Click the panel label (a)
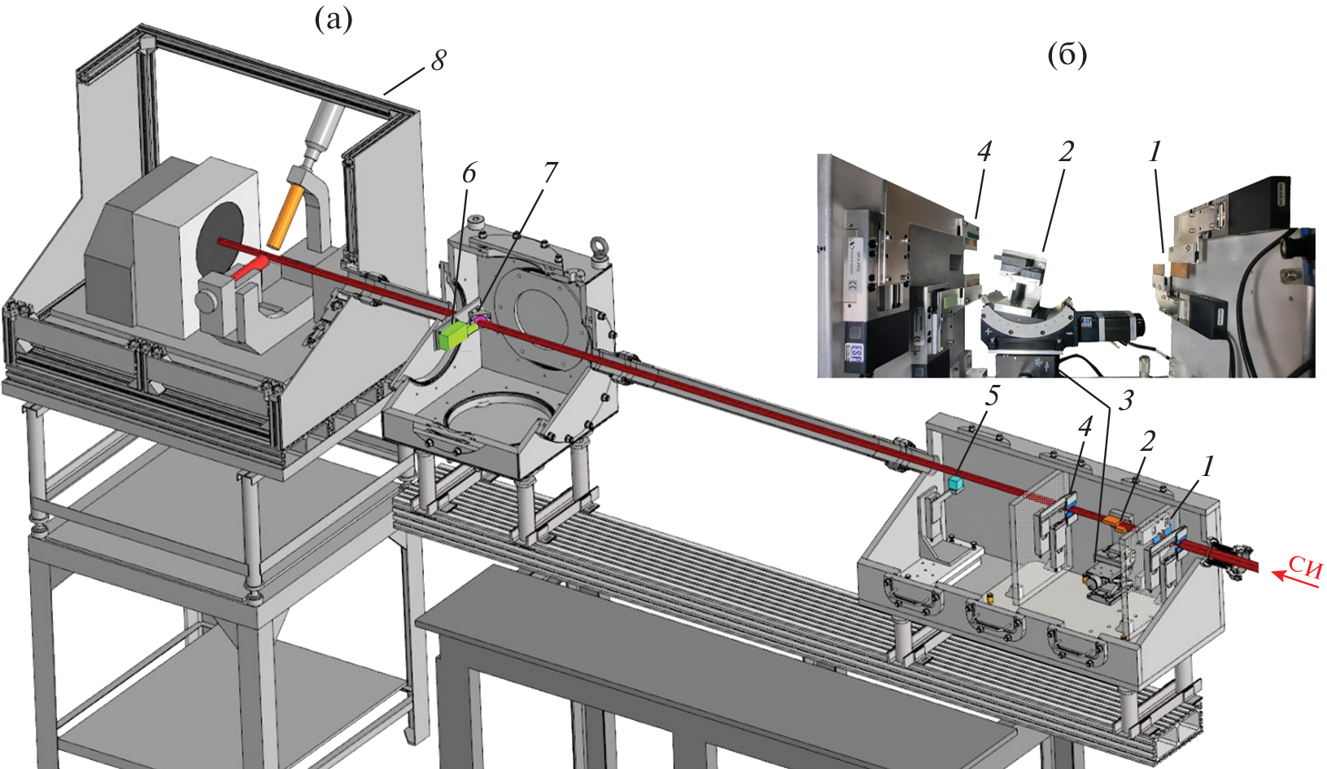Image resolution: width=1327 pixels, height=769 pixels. tap(334, 20)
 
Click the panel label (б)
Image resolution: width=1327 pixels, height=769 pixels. tap(1067, 55)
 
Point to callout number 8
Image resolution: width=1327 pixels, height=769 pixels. tap(439, 59)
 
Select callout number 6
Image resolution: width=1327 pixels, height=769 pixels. tap(469, 173)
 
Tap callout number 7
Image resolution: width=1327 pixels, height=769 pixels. tap(550, 173)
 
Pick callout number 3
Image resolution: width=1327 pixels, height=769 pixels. tap(1125, 400)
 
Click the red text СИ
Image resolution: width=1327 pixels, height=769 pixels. tap(1305, 566)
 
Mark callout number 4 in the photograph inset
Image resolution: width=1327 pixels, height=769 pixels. tap(984, 151)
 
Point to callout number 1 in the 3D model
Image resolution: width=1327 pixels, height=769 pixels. tap(1207, 466)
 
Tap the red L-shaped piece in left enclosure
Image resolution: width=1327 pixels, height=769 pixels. tap(248, 268)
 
